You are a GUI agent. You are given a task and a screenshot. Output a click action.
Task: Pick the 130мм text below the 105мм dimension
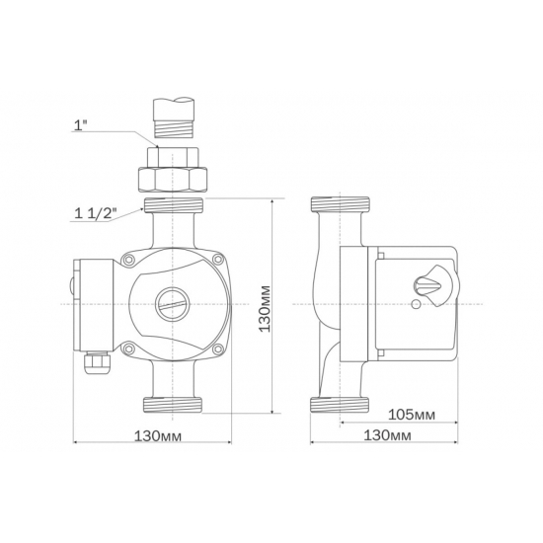tap(388, 434)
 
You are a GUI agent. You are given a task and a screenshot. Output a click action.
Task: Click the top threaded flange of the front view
tap(174, 207)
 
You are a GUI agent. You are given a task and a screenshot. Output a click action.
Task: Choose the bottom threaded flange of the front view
tap(174, 403)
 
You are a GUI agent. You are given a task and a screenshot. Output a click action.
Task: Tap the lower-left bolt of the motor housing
tap(128, 346)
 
